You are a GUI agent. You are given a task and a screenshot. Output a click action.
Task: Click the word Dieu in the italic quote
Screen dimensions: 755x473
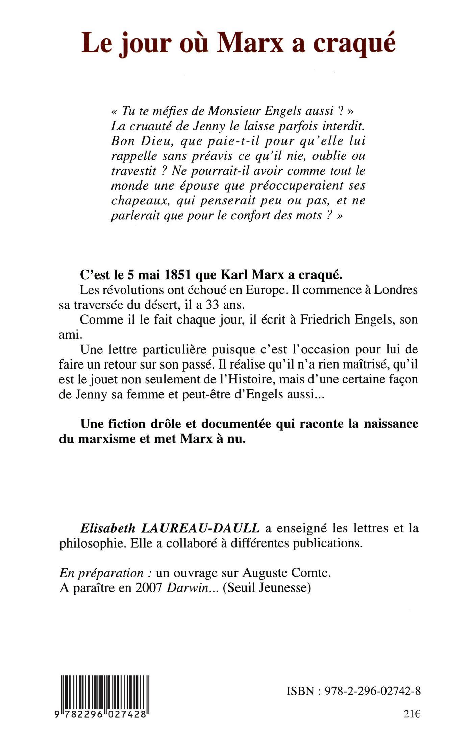[x=156, y=141]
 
